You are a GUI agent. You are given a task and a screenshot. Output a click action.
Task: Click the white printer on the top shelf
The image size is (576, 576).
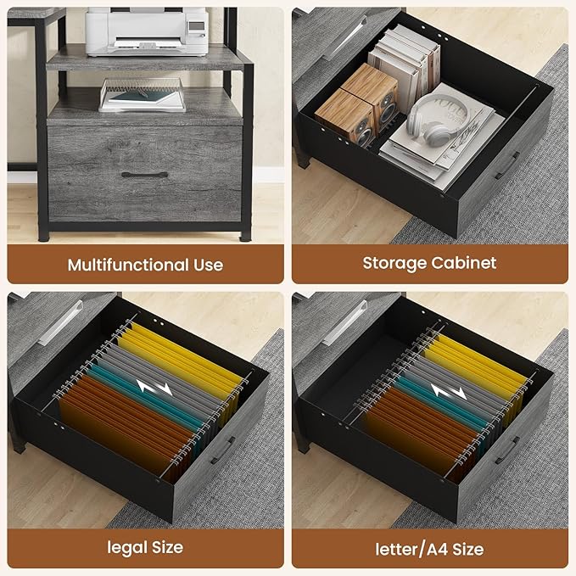click(147, 31)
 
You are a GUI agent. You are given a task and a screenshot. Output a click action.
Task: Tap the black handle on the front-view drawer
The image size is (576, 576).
click(144, 175)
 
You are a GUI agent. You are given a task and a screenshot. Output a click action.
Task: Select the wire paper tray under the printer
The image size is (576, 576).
click(143, 95)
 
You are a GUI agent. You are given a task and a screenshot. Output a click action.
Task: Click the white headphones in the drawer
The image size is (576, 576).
click(437, 118)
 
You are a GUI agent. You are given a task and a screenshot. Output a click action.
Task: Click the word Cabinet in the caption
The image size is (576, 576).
click(463, 263)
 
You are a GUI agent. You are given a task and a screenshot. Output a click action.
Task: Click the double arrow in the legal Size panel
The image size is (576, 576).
click(154, 388)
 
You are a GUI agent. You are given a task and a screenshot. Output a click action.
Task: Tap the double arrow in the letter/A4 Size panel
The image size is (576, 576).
click(449, 392)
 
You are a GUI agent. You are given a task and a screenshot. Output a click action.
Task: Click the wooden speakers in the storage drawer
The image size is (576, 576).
click(357, 104)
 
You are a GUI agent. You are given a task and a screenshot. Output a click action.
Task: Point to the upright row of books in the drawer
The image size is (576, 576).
click(404, 66)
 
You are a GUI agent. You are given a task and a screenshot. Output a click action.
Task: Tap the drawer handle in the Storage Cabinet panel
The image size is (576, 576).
click(507, 165)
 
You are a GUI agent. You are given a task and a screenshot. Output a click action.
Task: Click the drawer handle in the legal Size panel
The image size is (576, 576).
click(223, 450)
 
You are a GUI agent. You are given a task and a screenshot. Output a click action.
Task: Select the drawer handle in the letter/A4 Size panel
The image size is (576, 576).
click(507, 450)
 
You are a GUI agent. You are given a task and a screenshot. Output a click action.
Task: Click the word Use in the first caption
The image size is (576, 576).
click(209, 265)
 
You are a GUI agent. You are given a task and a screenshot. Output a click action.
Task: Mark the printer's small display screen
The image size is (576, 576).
click(197, 25)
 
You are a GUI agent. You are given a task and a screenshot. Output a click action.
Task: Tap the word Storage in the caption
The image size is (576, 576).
click(394, 264)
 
